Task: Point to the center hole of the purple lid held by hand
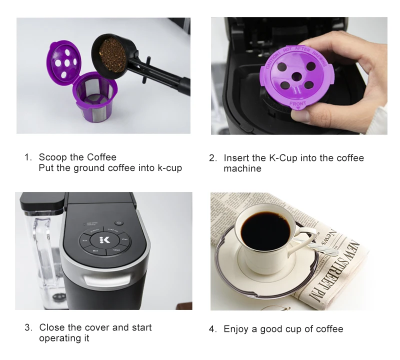pos(296,76)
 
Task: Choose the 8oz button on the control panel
pos(95,250)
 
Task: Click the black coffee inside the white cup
pos(264,230)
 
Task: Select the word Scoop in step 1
pos(52,157)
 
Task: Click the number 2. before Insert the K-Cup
pos(212,158)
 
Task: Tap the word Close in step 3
pos(51,327)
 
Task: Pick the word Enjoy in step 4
pos(236,329)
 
